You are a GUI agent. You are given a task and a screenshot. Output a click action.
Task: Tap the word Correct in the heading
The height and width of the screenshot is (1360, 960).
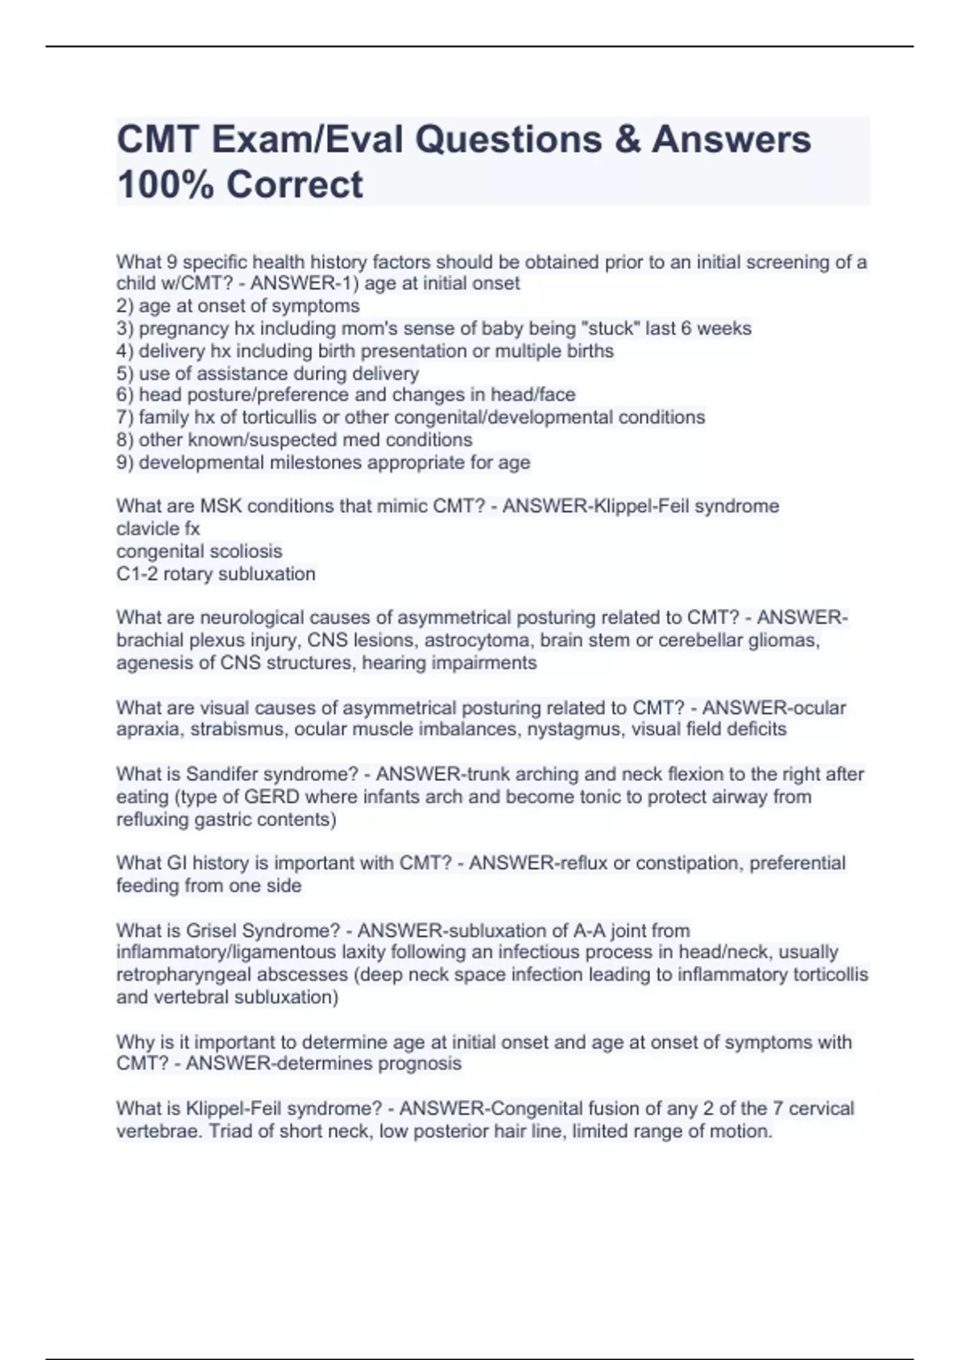tap(294, 185)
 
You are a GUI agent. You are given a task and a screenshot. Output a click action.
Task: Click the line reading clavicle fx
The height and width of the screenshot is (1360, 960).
tap(158, 529)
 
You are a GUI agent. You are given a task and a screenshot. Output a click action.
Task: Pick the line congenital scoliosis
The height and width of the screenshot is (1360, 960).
tap(199, 551)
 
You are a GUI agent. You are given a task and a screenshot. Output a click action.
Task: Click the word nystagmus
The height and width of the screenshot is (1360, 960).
tap(576, 730)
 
